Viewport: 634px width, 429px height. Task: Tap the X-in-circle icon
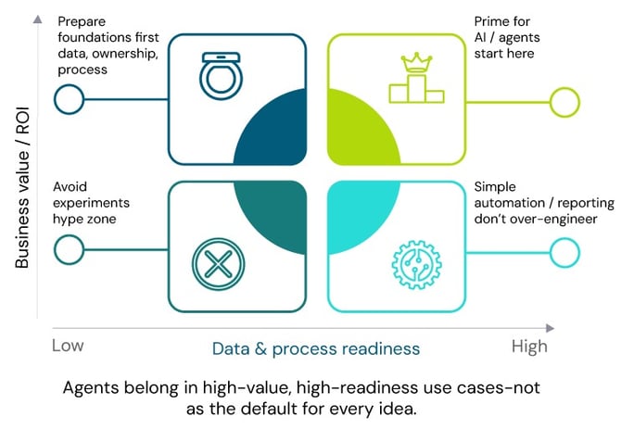click(x=217, y=261)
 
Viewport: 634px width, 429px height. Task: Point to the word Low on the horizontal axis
click(x=68, y=346)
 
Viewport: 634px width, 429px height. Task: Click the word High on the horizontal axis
click(x=529, y=346)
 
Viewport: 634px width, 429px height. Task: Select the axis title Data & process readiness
click(x=316, y=348)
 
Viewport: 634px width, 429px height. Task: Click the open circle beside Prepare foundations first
click(x=69, y=99)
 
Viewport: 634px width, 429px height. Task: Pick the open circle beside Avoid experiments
click(x=69, y=248)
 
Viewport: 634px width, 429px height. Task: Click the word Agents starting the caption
click(x=89, y=388)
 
